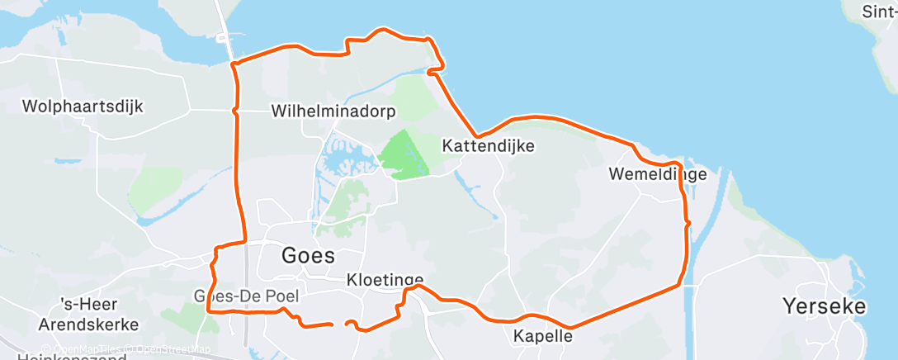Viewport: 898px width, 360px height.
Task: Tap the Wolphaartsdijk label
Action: (x=83, y=107)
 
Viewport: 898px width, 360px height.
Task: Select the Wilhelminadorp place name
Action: (x=333, y=111)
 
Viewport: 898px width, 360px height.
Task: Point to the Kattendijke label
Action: (x=489, y=146)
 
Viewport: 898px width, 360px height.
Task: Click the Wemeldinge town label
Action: (x=657, y=174)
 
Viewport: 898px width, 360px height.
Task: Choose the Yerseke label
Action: (x=825, y=307)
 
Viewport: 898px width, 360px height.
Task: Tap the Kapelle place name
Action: (x=542, y=336)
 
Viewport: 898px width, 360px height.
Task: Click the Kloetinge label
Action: (x=385, y=280)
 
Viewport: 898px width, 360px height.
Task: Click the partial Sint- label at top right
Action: (x=879, y=12)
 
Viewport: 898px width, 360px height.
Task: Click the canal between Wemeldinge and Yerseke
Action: (x=703, y=239)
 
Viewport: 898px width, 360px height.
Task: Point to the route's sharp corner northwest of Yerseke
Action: (x=680, y=286)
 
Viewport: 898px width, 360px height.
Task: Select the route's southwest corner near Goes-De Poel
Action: (x=207, y=311)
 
